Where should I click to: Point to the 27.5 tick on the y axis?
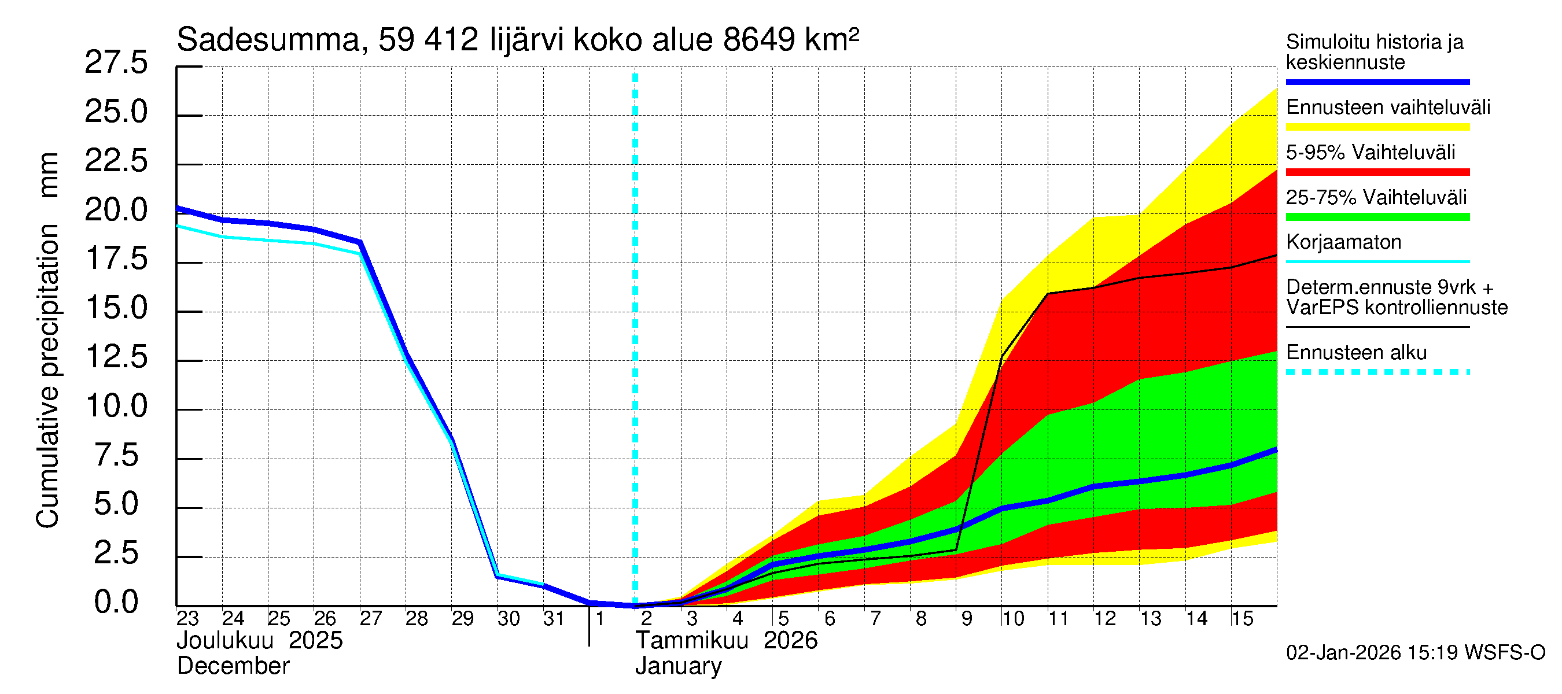point(116,62)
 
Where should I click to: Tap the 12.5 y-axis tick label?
point(116,357)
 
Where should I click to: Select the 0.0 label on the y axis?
point(116,603)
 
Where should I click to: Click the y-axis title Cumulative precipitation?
point(47,376)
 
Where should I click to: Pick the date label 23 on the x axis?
point(187,619)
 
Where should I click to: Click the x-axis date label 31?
point(554,619)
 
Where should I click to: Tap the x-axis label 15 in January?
point(1242,619)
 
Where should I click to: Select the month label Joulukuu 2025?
point(260,641)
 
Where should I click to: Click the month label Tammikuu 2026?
point(727,641)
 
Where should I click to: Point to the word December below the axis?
point(233,666)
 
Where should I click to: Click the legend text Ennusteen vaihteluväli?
point(1388,108)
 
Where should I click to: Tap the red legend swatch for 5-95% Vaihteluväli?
point(1377,172)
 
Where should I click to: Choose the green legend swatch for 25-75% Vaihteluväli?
point(1377,217)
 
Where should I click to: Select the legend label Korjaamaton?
point(1344,242)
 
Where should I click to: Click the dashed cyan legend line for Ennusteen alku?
point(1377,372)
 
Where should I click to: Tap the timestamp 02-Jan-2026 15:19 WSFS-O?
point(1415,653)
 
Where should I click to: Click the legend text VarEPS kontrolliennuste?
point(1397,308)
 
